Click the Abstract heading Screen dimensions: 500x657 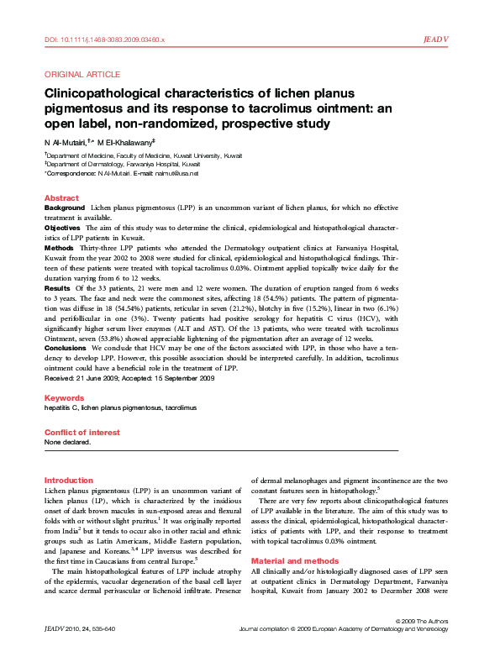pos(61,198)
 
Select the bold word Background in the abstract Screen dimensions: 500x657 pos(65,207)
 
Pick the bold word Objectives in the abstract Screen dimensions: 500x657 pos(62,228)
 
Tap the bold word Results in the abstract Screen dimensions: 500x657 pos(57,287)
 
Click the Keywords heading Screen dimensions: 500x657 pos(64,397)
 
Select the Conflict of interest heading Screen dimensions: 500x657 pos(82,433)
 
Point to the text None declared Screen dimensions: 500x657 pos(66,442)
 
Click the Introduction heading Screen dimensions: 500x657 pos(69,480)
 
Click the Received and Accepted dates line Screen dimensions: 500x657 pos(129,379)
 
